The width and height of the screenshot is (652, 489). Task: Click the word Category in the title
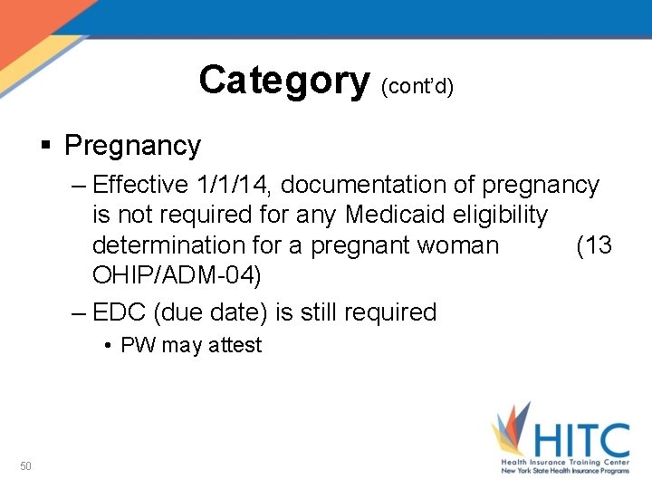pyautogui.click(x=283, y=81)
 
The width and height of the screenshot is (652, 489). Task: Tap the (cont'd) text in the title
pyautogui.click(x=417, y=86)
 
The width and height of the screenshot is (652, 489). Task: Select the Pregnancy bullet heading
pyautogui.click(x=132, y=145)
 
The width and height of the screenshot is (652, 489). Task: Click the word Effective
pyautogui.click(x=139, y=186)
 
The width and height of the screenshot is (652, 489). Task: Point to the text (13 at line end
pyautogui.click(x=594, y=245)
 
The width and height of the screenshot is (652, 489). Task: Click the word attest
pyautogui.click(x=233, y=345)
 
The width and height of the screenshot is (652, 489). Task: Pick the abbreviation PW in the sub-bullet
pyautogui.click(x=137, y=345)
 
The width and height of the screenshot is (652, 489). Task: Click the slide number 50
pyautogui.click(x=26, y=466)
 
